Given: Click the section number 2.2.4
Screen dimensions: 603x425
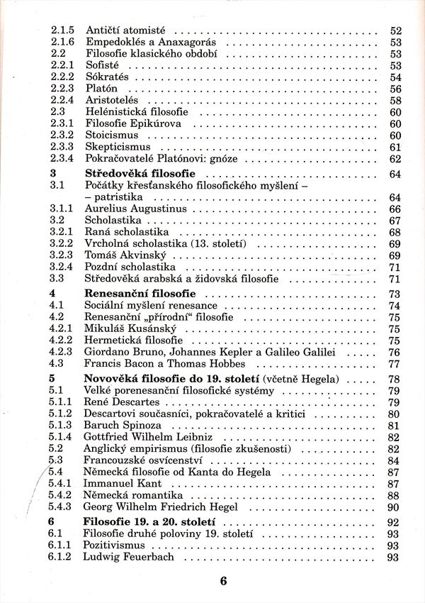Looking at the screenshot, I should tap(62, 101).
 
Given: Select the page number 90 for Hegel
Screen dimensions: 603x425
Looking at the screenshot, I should tap(395, 509).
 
